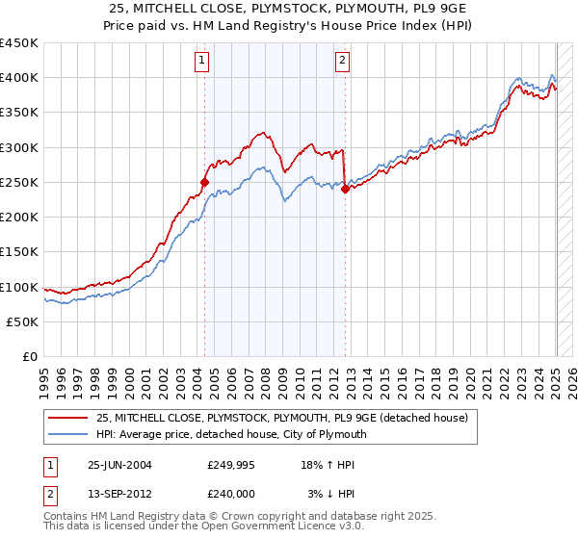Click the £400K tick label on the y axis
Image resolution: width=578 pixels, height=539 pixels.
tap(19, 78)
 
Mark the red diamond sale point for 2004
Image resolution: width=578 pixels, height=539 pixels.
tap(204, 182)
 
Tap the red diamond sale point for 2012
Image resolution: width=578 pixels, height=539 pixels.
tap(345, 189)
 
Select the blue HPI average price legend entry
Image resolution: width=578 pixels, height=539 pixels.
tap(231, 434)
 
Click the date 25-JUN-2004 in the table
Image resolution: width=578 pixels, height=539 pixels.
tap(119, 464)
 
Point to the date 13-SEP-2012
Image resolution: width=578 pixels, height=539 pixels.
tap(119, 494)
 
